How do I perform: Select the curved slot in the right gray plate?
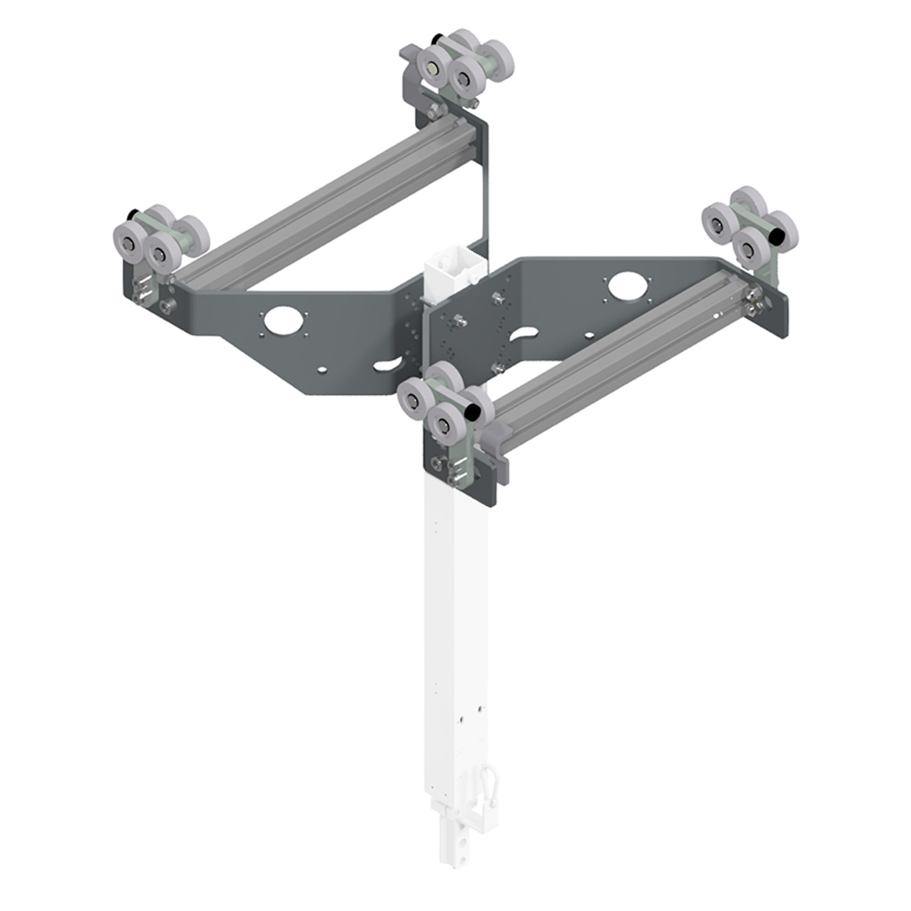click(523, 335)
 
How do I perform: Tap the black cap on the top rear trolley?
click(436, 39)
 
